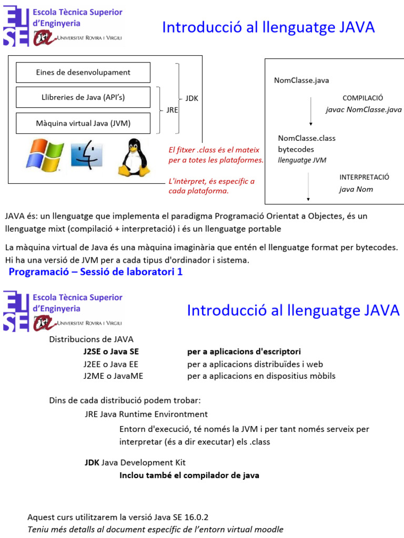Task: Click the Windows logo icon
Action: point(45,156)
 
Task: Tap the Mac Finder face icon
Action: point(87,154)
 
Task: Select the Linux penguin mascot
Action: point(134,157)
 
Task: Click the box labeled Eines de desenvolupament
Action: point(83,73)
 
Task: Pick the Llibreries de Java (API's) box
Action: point(83,97)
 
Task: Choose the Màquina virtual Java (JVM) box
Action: point(83,123)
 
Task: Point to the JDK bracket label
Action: point(191,98)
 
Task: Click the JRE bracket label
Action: point(172,110)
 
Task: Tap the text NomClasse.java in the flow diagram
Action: point(301,80)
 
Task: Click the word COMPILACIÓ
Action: point(363,98)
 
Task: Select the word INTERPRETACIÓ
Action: point(364,177)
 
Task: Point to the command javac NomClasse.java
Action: point(363,110)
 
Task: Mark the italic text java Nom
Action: point(356,189)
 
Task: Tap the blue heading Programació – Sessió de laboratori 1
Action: point(96,272)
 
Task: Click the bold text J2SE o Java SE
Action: point(111,351)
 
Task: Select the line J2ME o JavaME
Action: point(113,376)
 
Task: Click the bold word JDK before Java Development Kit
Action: point(92,463)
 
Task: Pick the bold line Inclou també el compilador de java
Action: point(189,475)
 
